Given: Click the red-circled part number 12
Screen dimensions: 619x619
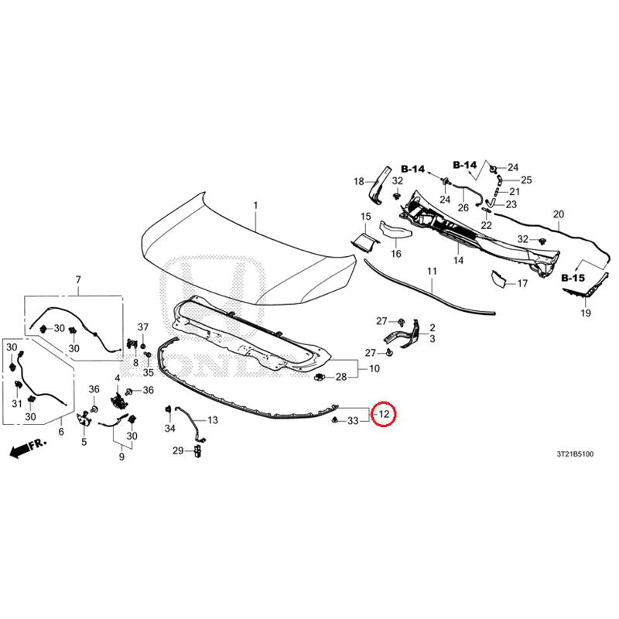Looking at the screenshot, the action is (x=384, y=414).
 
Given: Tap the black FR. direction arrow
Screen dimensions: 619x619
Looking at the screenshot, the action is (x=28, y=447).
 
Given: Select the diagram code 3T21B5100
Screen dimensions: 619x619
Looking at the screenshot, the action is (x=575, y=454).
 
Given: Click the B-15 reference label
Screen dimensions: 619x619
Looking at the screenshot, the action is (x=573, y=278).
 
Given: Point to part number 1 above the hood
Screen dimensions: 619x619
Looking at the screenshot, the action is (x=255, y=205).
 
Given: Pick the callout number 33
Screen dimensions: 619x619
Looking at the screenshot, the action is (x=353, y=421).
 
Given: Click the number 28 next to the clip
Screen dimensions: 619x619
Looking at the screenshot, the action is (x=341, y=377).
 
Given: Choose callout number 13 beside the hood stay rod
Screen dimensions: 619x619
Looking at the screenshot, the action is (x=212, y=420).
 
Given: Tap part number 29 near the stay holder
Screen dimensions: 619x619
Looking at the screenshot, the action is (x=178, y=450).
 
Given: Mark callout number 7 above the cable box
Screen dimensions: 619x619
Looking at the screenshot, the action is (x=78, y=280).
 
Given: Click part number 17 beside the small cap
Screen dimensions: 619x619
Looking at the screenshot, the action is (x=522, y=283).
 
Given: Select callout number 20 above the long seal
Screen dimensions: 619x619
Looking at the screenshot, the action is (x=559, y=214).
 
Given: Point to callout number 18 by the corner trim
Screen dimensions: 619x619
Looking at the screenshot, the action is (x=358, y=182).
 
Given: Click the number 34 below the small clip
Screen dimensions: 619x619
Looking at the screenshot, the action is (x=169, y=428).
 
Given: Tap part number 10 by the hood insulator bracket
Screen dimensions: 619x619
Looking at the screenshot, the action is (x=374, y=369).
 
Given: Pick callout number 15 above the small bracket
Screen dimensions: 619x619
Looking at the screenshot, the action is (x=365, y=217).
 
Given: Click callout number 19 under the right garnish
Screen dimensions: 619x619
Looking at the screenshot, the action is (x=586, y=313).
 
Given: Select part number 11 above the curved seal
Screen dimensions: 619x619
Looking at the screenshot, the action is (x=432, y=272).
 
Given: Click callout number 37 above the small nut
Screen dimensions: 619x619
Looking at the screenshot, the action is (x=143, y=327).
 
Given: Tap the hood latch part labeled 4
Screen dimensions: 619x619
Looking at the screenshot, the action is (x=118, y=400).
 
